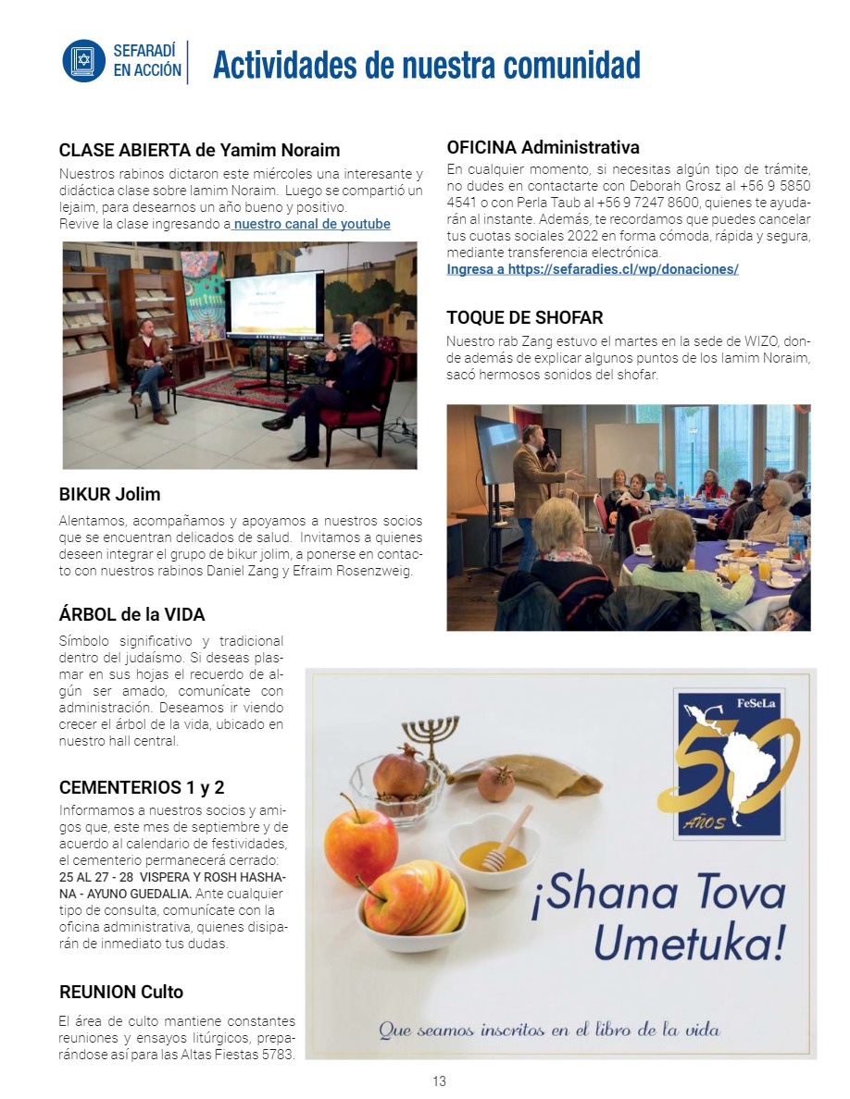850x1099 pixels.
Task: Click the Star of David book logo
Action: coord(84,61)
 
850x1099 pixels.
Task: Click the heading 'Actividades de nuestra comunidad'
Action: coord(426,66)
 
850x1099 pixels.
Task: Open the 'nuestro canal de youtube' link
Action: coord(312,225)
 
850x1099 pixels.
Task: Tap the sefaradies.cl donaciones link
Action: coord(592,269)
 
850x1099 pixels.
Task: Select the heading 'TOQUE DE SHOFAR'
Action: coord(524,318)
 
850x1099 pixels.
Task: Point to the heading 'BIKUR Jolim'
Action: coord(109,495)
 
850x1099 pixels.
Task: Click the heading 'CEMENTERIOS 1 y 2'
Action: coord(142,788)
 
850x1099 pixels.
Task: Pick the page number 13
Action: coord(439,1080)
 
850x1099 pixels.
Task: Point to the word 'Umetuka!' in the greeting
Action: coord(689,942)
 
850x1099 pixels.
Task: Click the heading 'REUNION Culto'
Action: coord(121,993)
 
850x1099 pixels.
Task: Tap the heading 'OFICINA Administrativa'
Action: coord(543,147)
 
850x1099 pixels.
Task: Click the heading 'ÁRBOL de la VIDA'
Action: coord(131,614)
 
